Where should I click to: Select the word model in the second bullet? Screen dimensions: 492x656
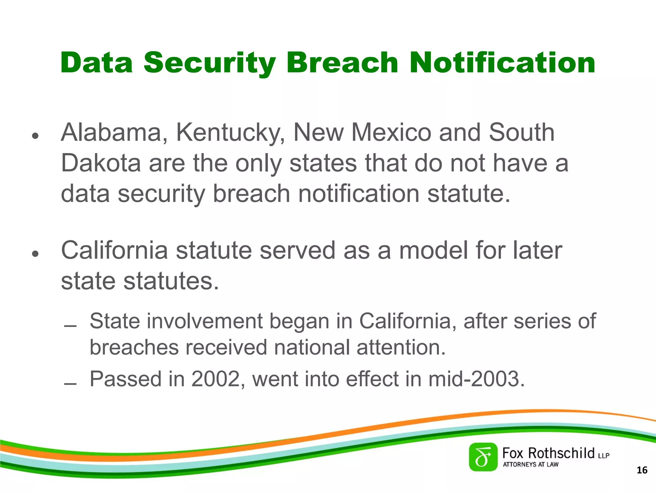(433, 250)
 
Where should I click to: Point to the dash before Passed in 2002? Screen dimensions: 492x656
(70, 384)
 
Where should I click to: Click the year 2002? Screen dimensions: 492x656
(215, 379)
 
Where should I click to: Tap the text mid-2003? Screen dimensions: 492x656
(476, 379)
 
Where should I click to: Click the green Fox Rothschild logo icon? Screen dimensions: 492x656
(483, 457)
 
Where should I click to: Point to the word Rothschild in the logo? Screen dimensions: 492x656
(561, 454)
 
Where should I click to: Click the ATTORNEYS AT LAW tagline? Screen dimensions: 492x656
(530, 464)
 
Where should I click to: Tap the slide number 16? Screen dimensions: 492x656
(642, 470)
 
